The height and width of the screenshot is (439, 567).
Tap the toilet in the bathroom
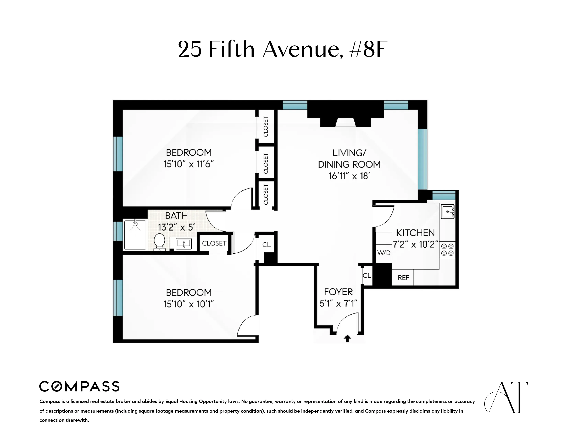pyautogui.click(x=159, y=242)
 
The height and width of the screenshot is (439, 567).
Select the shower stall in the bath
pyautogui.click(x=135, y=235)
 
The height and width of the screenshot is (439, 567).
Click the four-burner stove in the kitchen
pyautogui.click(x=447, y=250)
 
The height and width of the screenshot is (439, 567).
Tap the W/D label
pyautogui.click(x=384, y=253)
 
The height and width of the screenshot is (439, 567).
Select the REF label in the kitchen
pyautogui.click(x=403, y=278)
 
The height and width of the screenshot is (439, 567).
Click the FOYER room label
pyautogui.click(x=338, y=292)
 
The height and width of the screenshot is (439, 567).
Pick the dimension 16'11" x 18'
pyautogui.click(x=349, y=176)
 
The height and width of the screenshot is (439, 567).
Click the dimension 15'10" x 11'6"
pyautogui.click(x=188, y=164)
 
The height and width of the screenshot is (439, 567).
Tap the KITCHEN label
pyautogui.click(x=415, y=233)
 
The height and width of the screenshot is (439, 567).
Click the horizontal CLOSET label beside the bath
pyautogui.click(x=214, y=243)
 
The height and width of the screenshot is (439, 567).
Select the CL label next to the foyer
pyautogui.click(x=367, y=276)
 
